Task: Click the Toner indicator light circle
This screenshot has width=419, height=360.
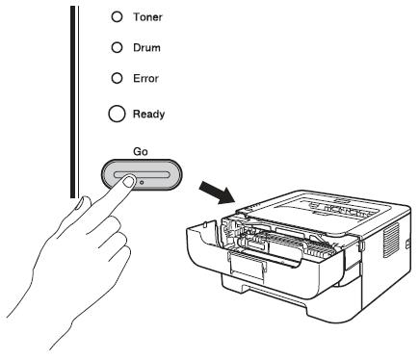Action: pyautogui.click(x=117, y=16)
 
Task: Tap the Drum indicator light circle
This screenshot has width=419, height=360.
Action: pyautogui.click(x=117, y=47)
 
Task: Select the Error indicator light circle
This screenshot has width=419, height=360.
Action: pyautogui.click(x=117, y=78)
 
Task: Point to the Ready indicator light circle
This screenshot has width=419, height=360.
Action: pyautogui.click(x=117, y=114)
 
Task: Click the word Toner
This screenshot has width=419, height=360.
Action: pyautogui.click(x=147, y=17)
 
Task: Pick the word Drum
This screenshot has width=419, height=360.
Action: pyautogui.click(x=146, y=48)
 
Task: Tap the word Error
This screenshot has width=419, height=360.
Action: pyautogui.click(x=145, y=78)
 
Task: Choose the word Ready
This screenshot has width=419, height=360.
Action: pyautogui.click(x=149, y=115)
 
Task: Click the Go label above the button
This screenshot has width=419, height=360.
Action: pyautogui.click(x=141, y=151)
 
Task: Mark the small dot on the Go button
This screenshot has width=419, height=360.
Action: pyautogui.click(x=142, y=182)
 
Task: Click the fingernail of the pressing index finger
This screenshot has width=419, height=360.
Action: pyautogui.click(x=128, y=182)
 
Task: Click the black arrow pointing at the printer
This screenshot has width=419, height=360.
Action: pyautogui.click(x=217, y=192)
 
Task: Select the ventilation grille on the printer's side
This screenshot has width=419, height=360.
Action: pyautogui.click(x=392, y=240)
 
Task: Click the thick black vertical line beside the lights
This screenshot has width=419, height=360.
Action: pyautogui.click(x=72, y=101)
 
